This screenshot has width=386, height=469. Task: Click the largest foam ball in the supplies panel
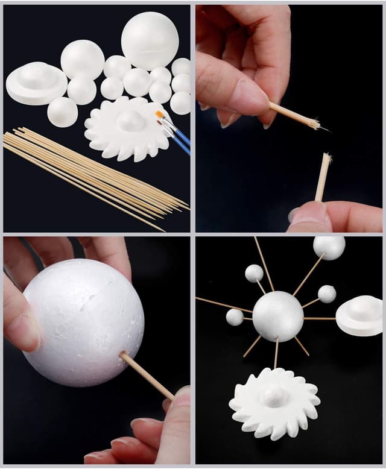[150, 40]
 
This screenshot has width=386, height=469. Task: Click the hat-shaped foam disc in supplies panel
[36, 83]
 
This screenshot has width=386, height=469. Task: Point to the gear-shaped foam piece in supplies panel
[127, 129]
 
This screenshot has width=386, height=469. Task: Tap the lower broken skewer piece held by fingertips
[323, 178]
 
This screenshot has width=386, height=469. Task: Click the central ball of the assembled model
[277, 316]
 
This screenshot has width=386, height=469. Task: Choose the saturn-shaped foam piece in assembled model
[359, 315]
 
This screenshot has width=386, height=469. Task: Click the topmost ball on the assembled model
[329, 247]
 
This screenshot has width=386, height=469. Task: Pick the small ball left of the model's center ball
[235, 317]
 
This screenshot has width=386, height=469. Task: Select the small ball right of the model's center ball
[327, 294]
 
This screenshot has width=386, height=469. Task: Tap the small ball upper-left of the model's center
[254, 273]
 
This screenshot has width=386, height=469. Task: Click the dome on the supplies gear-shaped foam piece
[130, 120]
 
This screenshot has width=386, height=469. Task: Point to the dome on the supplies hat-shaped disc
[37, 75]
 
